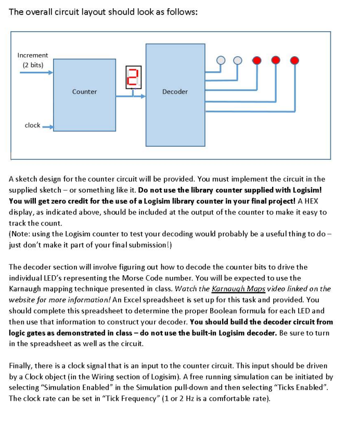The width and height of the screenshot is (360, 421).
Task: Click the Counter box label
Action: tap(84, 92)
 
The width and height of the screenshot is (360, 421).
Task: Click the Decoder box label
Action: tap(175, 92)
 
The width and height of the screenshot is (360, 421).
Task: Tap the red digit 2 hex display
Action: tap(133, 77)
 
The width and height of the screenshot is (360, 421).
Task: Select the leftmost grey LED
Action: tap(221, 60)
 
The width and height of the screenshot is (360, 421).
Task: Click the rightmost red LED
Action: tap(294, 60)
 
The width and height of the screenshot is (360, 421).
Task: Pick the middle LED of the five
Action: tap(257, 60)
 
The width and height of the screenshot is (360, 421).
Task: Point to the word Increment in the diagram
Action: tap(32, 55)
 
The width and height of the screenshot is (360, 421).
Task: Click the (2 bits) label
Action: tap(33, 65)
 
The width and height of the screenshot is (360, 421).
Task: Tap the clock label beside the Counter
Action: tap(32, 125)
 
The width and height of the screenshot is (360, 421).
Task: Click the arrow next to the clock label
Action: tap(48, 126)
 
